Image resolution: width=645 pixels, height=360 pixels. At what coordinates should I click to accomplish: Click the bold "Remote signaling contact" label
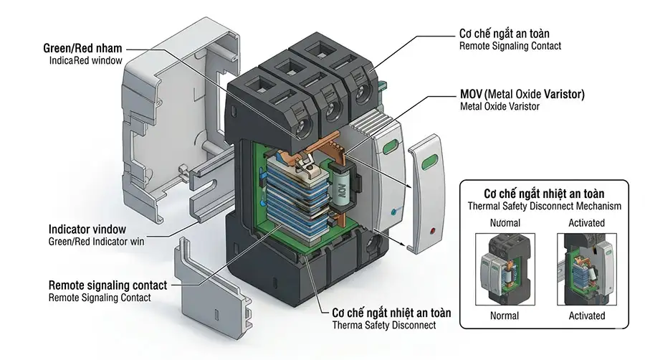(x=107, y=285)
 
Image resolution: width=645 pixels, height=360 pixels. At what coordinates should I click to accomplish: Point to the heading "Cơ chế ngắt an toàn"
(x=508, y=34)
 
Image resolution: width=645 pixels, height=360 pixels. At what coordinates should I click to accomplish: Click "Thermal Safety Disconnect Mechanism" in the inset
(x=544, y=206)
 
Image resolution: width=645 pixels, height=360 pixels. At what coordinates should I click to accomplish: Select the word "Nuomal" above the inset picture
(x=505, y=223)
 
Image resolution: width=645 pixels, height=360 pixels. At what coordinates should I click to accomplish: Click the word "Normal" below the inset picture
(x=505, y=316)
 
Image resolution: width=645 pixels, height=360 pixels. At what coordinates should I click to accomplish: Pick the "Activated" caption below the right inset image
(x=586, y=316)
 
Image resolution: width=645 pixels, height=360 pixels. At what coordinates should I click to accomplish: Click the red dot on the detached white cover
(x=431, y=231)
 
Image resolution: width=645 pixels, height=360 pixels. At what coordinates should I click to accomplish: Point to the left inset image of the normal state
(x=505, y=269)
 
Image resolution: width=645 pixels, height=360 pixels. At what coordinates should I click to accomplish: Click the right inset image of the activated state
(x=586, y=269)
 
